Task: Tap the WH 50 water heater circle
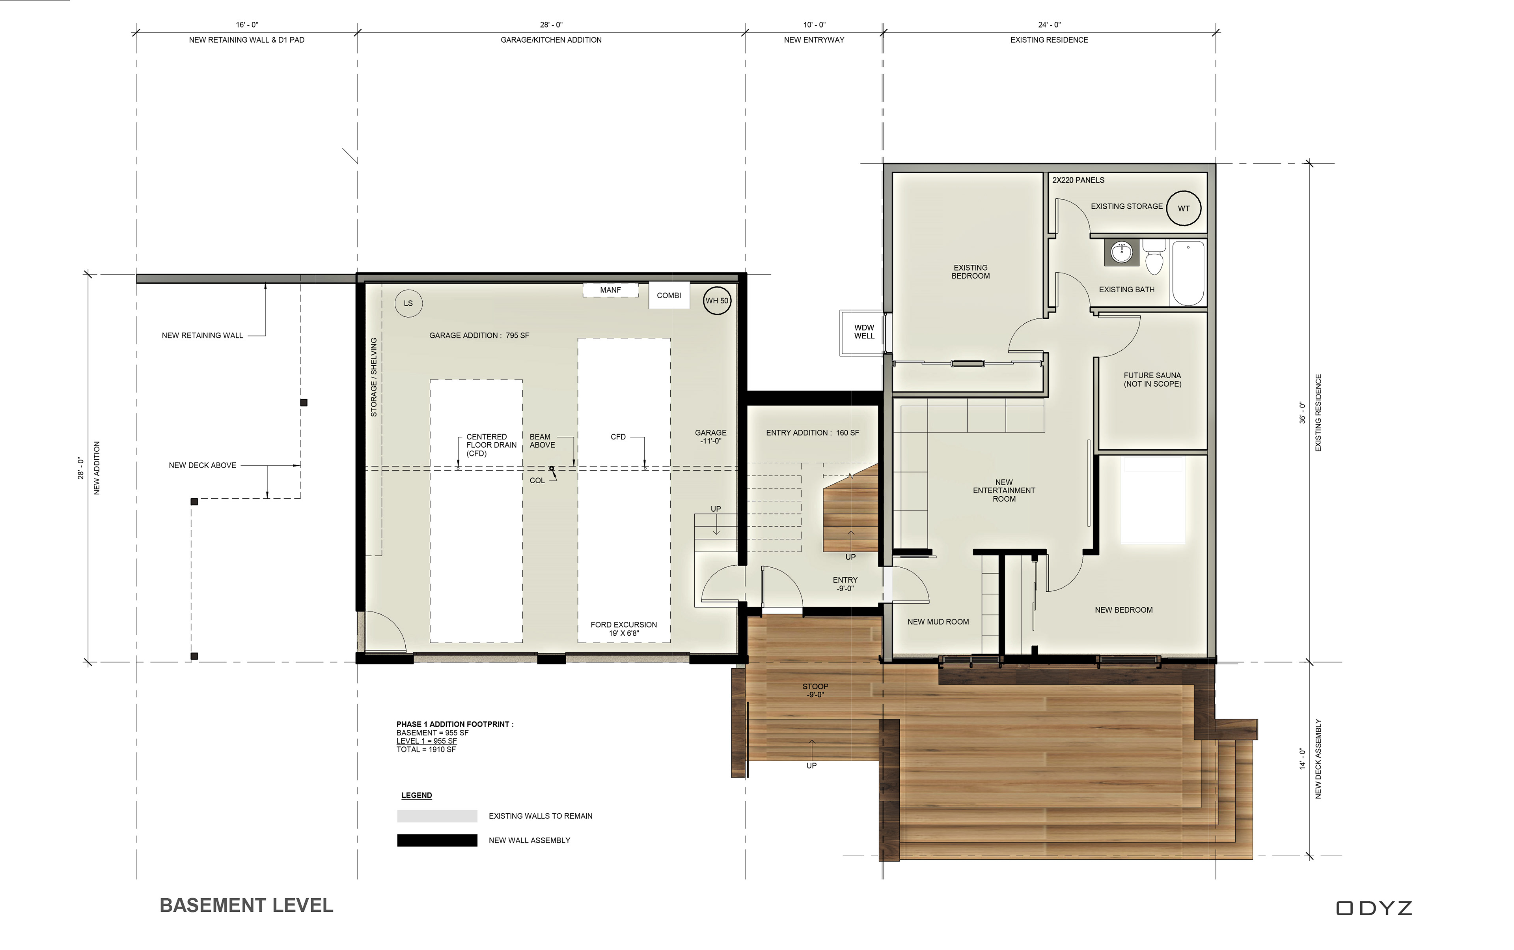point(716,300)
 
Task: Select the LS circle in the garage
point(408,303)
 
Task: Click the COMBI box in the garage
point(669,295)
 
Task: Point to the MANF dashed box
point(610,290)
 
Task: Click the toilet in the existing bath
point(1154,256)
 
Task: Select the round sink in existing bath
point(1122,252)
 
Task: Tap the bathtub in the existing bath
point(1188,273)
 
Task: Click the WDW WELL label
point(864,332)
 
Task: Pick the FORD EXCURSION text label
point(624,629)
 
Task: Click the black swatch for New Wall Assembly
point(437,840)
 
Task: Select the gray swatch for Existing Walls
point(437,815)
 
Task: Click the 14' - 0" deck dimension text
point(1302,758)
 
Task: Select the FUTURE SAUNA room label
point(1152,380)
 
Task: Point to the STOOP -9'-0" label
point(815,690)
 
